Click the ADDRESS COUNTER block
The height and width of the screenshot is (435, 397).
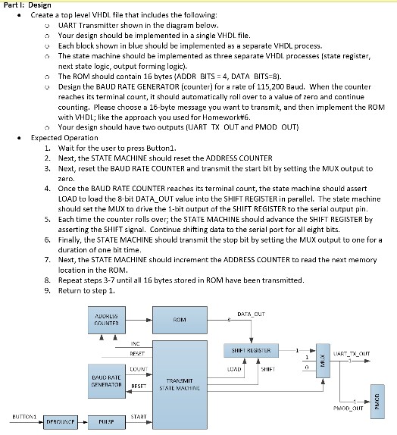107,320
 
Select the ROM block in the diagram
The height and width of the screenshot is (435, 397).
180,320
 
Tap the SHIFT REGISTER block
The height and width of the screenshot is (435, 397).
251,350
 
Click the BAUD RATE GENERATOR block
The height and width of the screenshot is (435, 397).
107,381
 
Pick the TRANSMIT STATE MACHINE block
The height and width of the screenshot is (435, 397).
180,385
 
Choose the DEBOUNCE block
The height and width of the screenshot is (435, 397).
61,422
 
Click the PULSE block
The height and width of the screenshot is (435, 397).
107,422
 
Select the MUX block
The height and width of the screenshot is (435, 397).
323,361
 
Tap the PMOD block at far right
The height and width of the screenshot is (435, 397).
377,402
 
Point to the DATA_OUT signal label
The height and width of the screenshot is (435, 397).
251,314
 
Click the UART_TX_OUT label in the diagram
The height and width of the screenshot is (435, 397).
352,354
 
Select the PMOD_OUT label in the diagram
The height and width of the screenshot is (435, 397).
349,408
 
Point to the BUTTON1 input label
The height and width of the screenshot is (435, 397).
24,416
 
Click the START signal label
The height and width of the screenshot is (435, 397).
139,416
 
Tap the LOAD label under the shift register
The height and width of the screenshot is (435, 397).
234,369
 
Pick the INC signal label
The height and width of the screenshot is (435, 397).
135,344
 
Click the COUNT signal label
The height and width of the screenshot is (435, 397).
139,369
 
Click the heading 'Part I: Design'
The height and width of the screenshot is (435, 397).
27,5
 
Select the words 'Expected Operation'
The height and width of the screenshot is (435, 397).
64,138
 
